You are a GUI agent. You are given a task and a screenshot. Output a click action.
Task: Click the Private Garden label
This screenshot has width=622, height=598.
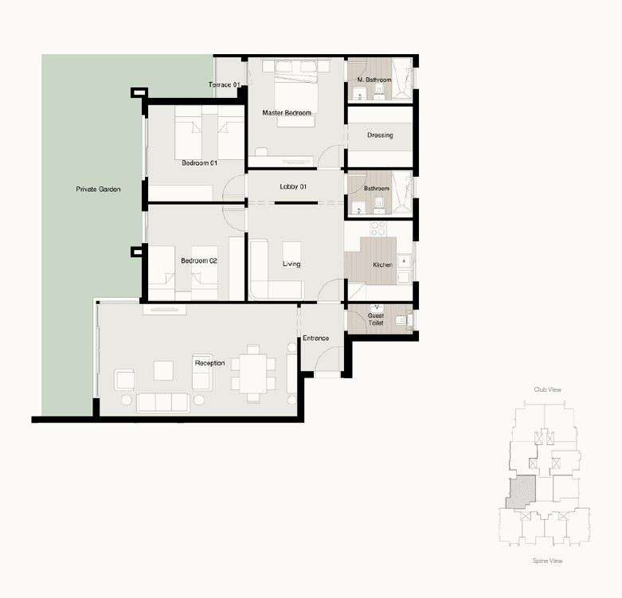click(x=98, y=190)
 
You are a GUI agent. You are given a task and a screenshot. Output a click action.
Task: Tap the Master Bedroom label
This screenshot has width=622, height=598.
click(x=287, y=113)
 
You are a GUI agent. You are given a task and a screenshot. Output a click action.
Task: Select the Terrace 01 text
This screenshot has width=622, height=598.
click(x=225, y=84)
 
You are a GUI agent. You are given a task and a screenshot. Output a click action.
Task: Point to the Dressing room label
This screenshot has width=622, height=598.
click(x=380, y=135)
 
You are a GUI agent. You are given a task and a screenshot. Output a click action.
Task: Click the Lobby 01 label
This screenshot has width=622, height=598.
click(x=293, y=186)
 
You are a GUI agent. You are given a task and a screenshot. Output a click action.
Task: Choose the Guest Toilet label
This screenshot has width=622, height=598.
click(x=376, y=319)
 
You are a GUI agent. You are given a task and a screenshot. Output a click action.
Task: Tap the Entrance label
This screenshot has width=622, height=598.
click(x=315, y=338)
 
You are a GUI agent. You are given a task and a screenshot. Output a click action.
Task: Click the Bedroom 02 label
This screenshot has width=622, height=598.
click(x=199, y=260)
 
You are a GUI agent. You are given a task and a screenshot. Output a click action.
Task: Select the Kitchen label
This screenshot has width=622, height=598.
click(x=383, y=264)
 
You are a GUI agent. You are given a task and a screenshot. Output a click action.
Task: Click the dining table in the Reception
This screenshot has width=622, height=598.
click(x=253, y=373)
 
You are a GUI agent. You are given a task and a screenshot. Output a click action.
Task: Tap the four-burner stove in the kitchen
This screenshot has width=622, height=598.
click(x=378, y=229)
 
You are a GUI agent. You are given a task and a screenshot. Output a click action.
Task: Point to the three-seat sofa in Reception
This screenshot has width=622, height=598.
click(x=163, y=403)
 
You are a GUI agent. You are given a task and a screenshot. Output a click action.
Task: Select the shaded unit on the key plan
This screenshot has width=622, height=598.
click(x=521, y=492)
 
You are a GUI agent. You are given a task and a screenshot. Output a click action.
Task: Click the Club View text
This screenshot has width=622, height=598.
click(x=547, y=390)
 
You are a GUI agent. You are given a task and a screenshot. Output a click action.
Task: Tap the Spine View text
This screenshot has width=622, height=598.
click(x=547, y=561)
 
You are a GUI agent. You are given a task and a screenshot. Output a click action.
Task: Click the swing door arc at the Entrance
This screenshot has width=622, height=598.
click(x=325, y=352)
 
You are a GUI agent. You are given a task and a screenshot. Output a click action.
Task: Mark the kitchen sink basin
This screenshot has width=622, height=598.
click(x=404, y=261)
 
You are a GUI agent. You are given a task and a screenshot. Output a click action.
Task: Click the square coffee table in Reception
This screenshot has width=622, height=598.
click(x=163, y=370)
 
